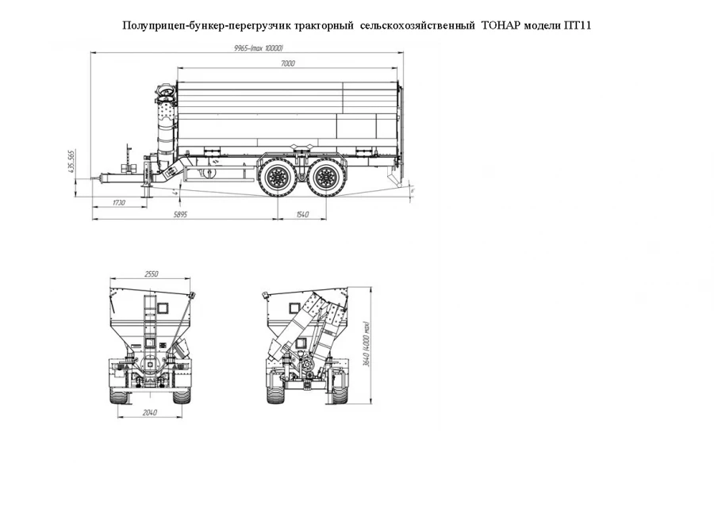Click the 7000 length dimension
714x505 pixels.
(x=287, y=63)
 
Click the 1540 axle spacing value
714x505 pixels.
(x=301, y=215)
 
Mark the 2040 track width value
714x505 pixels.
(x=152, y=412)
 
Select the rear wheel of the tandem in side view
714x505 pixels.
(x=324, y=175)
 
